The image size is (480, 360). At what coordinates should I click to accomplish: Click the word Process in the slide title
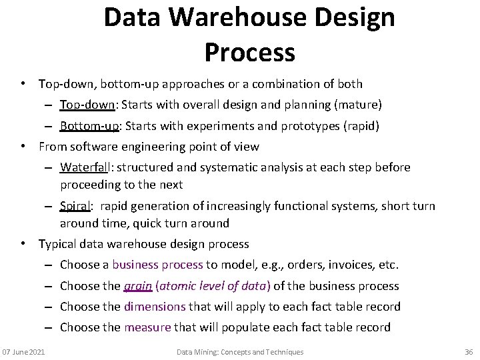(x=249, y=51)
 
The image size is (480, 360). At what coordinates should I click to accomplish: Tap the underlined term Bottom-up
(x=90, y=126)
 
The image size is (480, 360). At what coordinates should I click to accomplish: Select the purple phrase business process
(x=157, y=265)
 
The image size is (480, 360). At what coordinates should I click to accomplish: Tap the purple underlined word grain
(x=137, y=286)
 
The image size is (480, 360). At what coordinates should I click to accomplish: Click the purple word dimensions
(x=155, y=307)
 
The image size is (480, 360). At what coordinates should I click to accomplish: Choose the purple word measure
(x=148, y=327)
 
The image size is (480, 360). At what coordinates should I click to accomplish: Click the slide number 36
(x=468, y=351)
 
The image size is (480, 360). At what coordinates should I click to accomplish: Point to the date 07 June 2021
(x=23, y=351)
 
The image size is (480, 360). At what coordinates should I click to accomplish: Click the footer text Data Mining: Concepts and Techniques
(x=240, y=351)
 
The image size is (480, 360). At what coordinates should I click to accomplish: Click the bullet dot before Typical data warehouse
(x=23, y=244)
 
